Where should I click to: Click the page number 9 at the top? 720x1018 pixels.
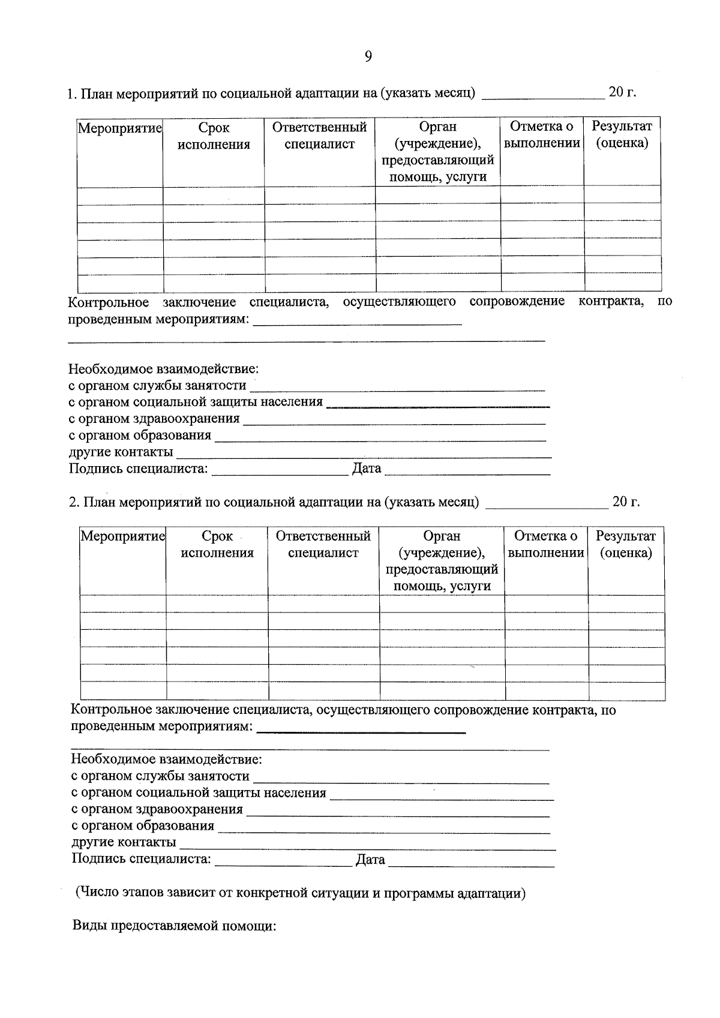368,56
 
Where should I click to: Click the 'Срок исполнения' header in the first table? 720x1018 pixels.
214,136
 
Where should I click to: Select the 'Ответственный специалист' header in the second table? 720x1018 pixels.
323,545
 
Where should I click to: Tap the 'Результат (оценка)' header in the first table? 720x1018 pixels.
622,134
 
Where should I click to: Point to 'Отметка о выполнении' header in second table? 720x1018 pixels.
545,545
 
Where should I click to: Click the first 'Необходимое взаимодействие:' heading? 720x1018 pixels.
163,368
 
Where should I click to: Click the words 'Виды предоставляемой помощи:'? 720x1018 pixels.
174,925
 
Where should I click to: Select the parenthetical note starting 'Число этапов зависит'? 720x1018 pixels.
300,893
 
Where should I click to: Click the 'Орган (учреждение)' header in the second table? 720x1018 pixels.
442,561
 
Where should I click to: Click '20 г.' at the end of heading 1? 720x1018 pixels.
622,92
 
